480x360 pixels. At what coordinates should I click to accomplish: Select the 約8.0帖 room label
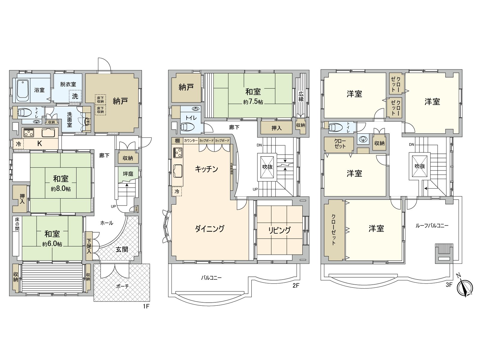point(61,189)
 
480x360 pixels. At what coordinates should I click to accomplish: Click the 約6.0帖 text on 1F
point(52,244)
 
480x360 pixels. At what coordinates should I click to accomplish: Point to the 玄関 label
point(122,249)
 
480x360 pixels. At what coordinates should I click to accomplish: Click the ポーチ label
point(122,286)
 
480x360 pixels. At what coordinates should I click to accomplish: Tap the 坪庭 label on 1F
point(128,174)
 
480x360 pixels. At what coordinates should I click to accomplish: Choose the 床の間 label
point(17,224)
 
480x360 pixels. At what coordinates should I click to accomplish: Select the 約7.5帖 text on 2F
point(253,102)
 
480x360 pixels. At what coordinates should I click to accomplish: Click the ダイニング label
point(210,229)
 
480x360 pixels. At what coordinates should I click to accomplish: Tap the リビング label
point(279,230)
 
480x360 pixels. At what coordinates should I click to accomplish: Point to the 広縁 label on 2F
point(301,96)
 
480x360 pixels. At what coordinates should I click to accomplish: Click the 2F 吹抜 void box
point(267,166)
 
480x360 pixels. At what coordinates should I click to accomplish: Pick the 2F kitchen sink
point(178,171)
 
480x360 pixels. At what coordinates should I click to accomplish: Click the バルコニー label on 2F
point(211,278)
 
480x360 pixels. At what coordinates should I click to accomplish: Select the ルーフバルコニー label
point(432,226)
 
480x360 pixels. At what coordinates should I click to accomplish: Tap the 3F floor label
point(448,285)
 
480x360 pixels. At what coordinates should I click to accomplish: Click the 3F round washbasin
point(363,139)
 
